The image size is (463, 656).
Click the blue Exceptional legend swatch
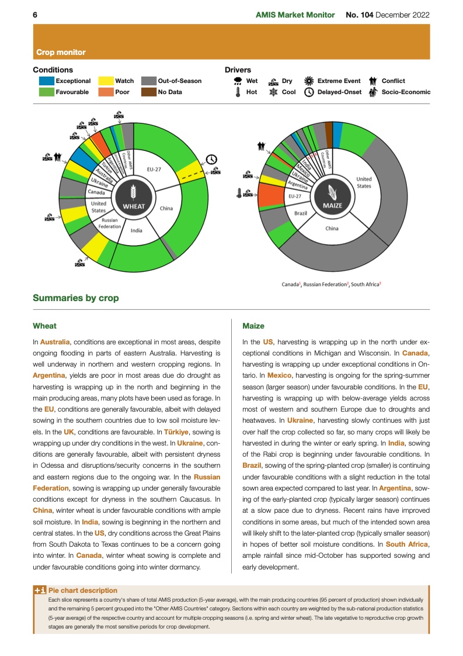(46, 81)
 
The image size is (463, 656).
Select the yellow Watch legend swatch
(106, 81)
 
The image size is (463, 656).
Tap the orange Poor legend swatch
(106, 92)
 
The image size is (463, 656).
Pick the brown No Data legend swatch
(149, 92)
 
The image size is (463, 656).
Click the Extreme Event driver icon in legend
(309, 81)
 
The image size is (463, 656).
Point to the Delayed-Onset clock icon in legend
(309, 92)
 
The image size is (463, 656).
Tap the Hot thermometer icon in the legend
(238, 92)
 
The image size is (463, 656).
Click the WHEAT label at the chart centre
(134, 206)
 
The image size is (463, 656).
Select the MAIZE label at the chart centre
(332, 206)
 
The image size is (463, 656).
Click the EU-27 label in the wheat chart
(154, 169)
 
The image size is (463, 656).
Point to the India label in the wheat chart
(136, 230)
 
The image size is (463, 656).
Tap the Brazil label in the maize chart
(301, 213)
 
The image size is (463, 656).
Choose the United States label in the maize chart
(364, 182)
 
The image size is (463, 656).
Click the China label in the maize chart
(332, 229)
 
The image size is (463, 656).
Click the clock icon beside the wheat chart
(211, 159)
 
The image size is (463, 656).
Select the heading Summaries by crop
(75, 298)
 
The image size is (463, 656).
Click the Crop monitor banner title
(61, 53)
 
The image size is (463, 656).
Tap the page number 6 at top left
(35, 15)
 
